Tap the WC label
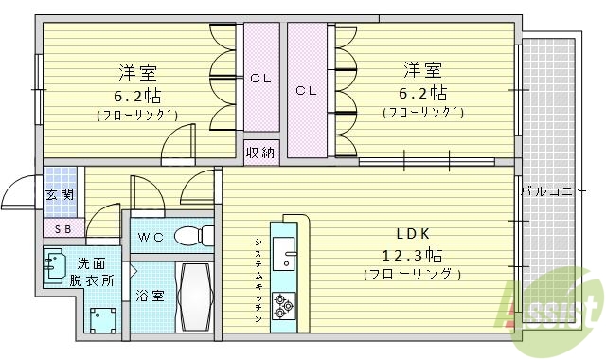click(151, 237)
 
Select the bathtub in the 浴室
click(193, 295)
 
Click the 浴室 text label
click(150, 296)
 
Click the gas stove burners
click(283, 303)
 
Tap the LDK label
click(411, 233)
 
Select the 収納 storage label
click(260, 152)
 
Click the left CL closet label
click(261, 79)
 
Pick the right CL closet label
click(305, 91)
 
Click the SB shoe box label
click(62, 229)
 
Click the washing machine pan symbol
click(98, 317)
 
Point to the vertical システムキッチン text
click(257, 279)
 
